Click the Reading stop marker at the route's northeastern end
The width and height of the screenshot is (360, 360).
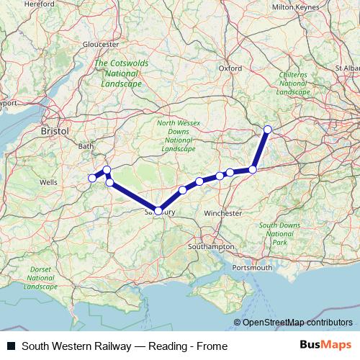[268, 130]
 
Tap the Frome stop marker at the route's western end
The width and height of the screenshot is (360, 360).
[92, 178]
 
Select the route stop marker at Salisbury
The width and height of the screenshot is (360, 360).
[158, 210]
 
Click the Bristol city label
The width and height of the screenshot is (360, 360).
[55, 132]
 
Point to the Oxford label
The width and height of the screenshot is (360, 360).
[230, 68]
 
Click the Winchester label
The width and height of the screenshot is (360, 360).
[222, 214]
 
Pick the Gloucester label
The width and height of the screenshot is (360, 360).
[101, 44]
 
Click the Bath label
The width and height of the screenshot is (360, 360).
[86, 146]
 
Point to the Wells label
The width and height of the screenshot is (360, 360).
[49, 183]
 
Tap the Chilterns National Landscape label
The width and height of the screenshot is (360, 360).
[293, 84]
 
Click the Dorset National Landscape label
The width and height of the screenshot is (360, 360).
[40, 278]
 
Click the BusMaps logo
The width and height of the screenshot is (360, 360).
[328, 346]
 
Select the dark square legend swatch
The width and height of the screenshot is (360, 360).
[11, 346]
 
